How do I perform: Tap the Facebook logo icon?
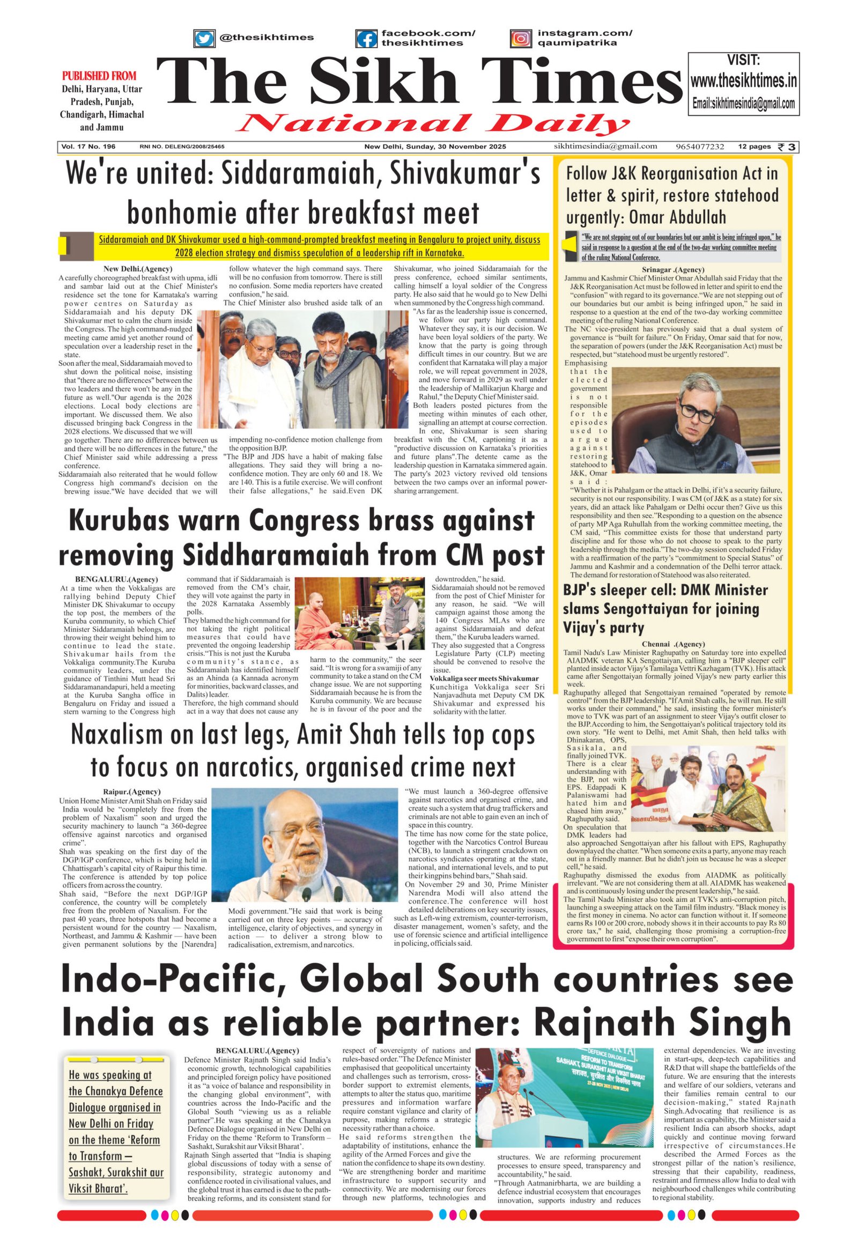[x=366, y=39]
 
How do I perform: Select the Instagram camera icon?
[x=520, y=39]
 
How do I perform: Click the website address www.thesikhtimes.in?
[x=743, y=81]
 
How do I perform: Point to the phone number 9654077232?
[x=700, y=147]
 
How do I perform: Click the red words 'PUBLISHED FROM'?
[x=99, y=76]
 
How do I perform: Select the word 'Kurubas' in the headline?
[x=125, y=520]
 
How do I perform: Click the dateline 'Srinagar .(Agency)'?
[x=673, y=269]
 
